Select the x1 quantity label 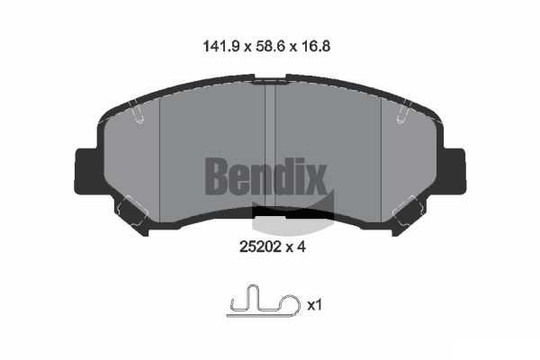[x=314, y=306]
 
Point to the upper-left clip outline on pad [x=137, y=113]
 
